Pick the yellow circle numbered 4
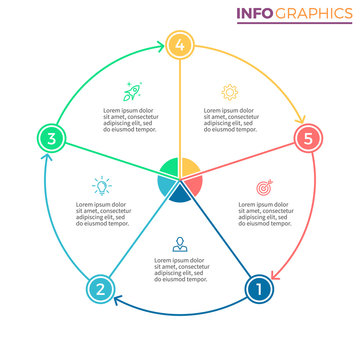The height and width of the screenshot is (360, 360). pos(180,44)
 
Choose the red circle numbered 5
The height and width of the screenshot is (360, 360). pos(309,138)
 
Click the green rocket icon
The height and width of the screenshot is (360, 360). pos(131,91)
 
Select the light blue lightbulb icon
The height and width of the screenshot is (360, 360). pos(101,186)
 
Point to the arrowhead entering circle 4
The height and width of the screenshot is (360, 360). pos(160,45)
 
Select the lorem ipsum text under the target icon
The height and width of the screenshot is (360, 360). pos(265,214)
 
